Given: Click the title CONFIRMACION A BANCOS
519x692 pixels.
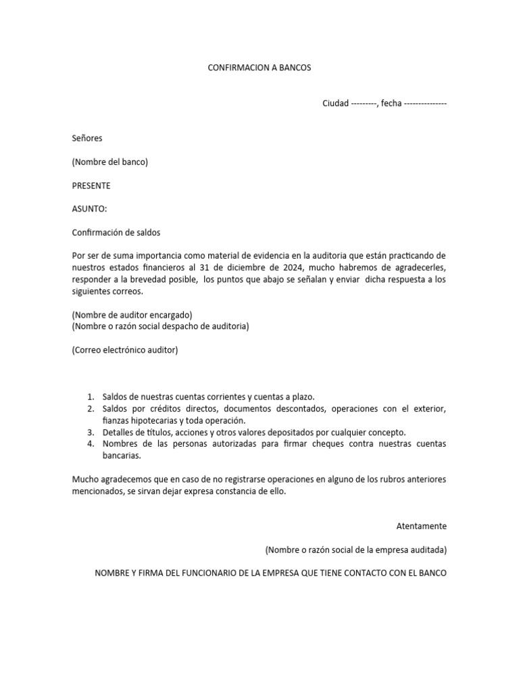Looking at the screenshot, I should click(x=259, y=68).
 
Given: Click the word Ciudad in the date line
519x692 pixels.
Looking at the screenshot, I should click(x=336, y=103).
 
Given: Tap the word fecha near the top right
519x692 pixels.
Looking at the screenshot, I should click(x=391, y=103).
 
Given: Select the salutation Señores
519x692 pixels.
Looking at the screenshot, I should click(x=87, y=139).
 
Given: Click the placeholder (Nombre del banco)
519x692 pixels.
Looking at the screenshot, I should click(x=109, y=162).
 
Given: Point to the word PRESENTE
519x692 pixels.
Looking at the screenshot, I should click(x=91, y=185).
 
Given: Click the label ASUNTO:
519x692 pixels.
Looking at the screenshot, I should click(x=89, y=209).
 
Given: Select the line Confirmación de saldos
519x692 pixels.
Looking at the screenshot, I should click(x=116, y=232).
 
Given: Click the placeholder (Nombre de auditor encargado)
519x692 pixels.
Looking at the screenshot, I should click(x=132, y=315).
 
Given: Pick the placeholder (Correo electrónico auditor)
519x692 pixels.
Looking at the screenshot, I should click(x=125, y=350).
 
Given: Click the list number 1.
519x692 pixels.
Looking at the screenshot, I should click(x=91, y=397).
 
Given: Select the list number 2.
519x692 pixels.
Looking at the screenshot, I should click(x=91, y=409).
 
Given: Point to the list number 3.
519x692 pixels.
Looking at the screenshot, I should click(x=91, y=432).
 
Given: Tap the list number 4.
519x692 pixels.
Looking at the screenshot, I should click(x=91, y=443).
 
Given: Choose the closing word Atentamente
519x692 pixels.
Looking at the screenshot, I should click(x=421, y=526).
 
